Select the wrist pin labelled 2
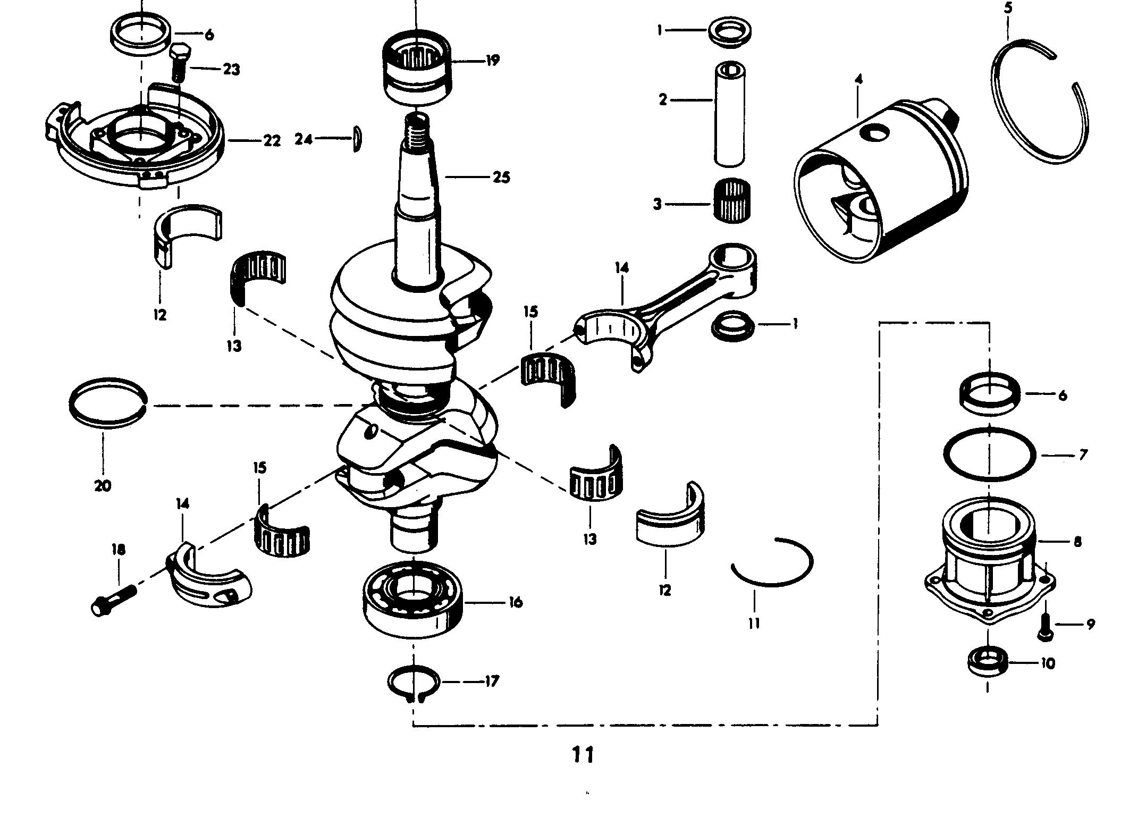tap(730, 114)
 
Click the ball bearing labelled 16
tap(413, 599)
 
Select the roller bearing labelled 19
tap(417, 68)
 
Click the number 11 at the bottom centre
tap(583, 755)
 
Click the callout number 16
tap(513, 602)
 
